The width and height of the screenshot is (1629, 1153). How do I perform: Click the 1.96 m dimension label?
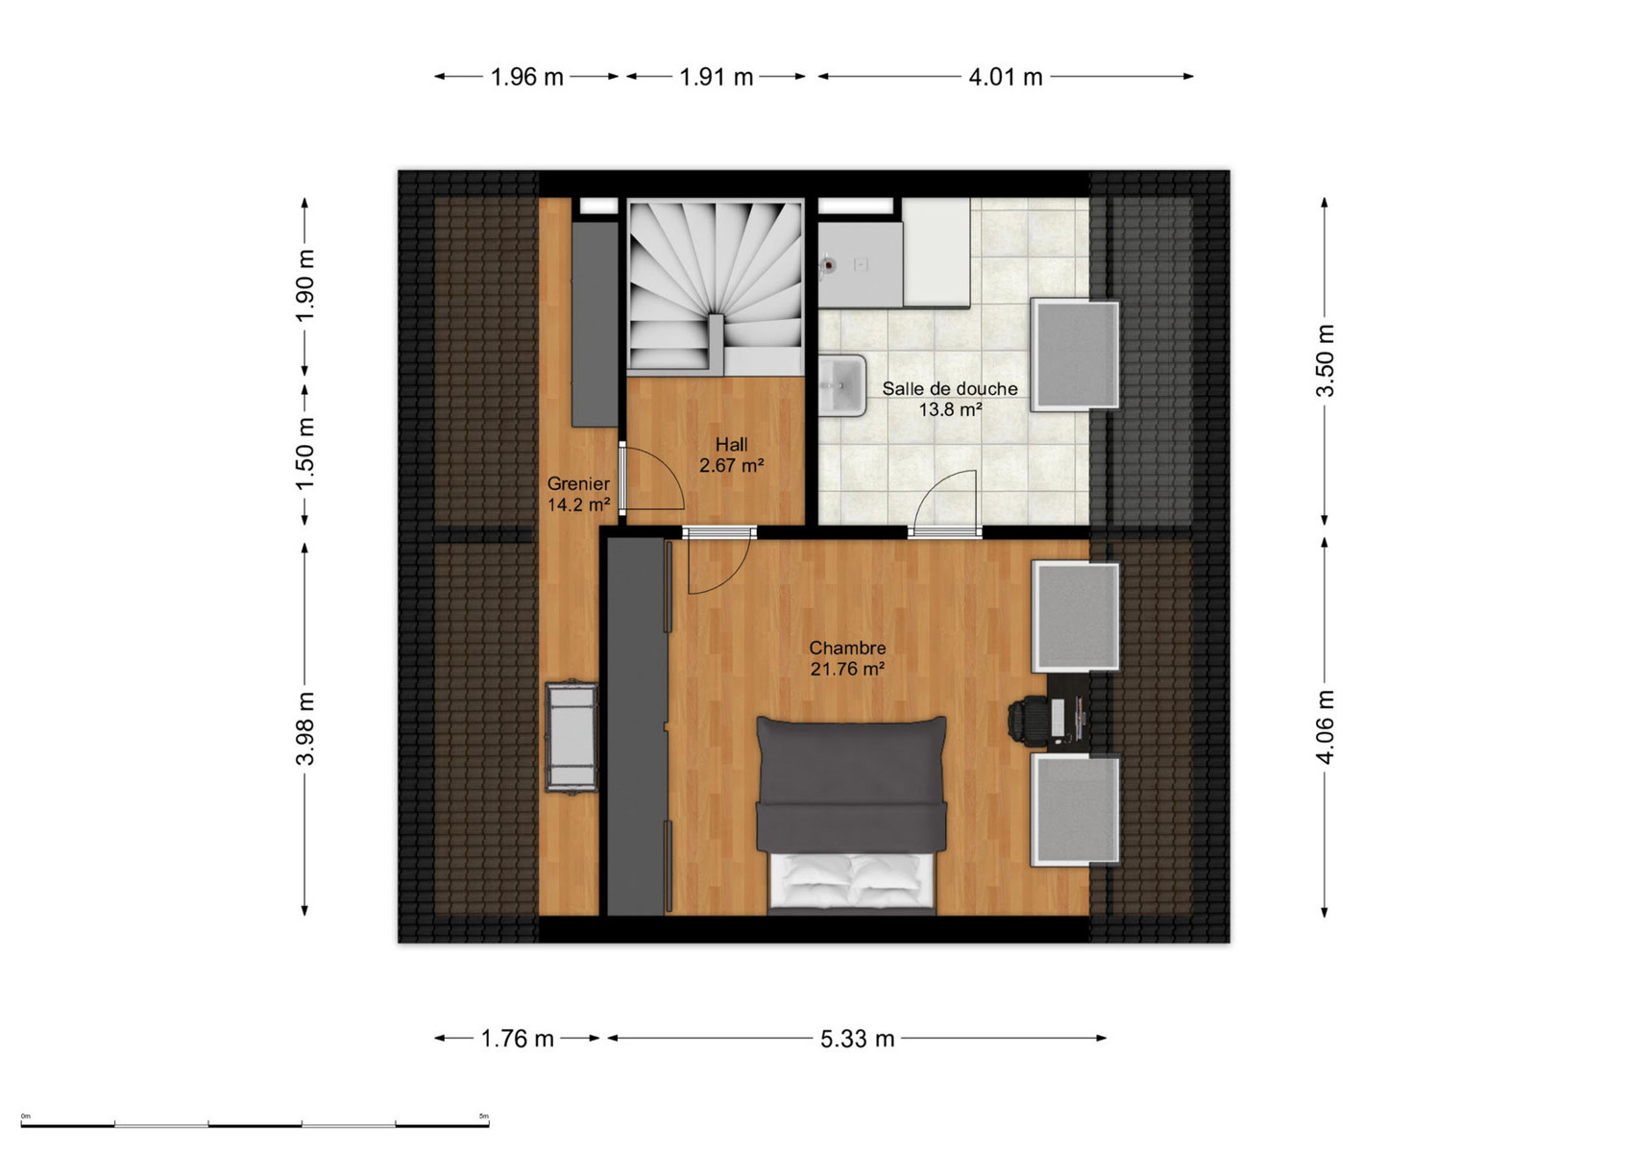(526, 77)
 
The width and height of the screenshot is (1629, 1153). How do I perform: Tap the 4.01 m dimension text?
(1005, 77)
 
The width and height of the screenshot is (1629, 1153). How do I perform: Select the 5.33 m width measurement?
(858, 1039)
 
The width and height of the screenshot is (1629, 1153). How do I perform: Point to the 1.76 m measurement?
(517, 1039)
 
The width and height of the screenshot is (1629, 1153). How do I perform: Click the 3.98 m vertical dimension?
(306, 728)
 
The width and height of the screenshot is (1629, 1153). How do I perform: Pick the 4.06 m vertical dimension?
(1325, 726)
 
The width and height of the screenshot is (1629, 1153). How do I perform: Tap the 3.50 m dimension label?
(1325, 361)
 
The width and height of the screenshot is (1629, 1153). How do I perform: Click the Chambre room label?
(847, 648)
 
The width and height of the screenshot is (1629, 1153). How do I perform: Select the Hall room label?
(731, 445)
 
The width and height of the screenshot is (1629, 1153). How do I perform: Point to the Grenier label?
(578, 483)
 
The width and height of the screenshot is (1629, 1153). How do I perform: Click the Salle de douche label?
(950, 388)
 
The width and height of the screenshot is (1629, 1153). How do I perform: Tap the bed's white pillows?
(852, 881)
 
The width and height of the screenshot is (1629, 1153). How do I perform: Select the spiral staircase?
(717, 286)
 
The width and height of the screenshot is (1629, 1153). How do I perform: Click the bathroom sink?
(842, 385)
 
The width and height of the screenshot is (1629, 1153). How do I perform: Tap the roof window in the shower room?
(1076, 355)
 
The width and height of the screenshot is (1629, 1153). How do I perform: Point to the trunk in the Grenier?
(571, 736)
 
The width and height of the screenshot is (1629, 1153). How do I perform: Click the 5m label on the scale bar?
(484, 1116)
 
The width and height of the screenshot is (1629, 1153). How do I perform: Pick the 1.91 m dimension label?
(717, 77)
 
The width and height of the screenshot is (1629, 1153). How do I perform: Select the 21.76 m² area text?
(847, 669)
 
